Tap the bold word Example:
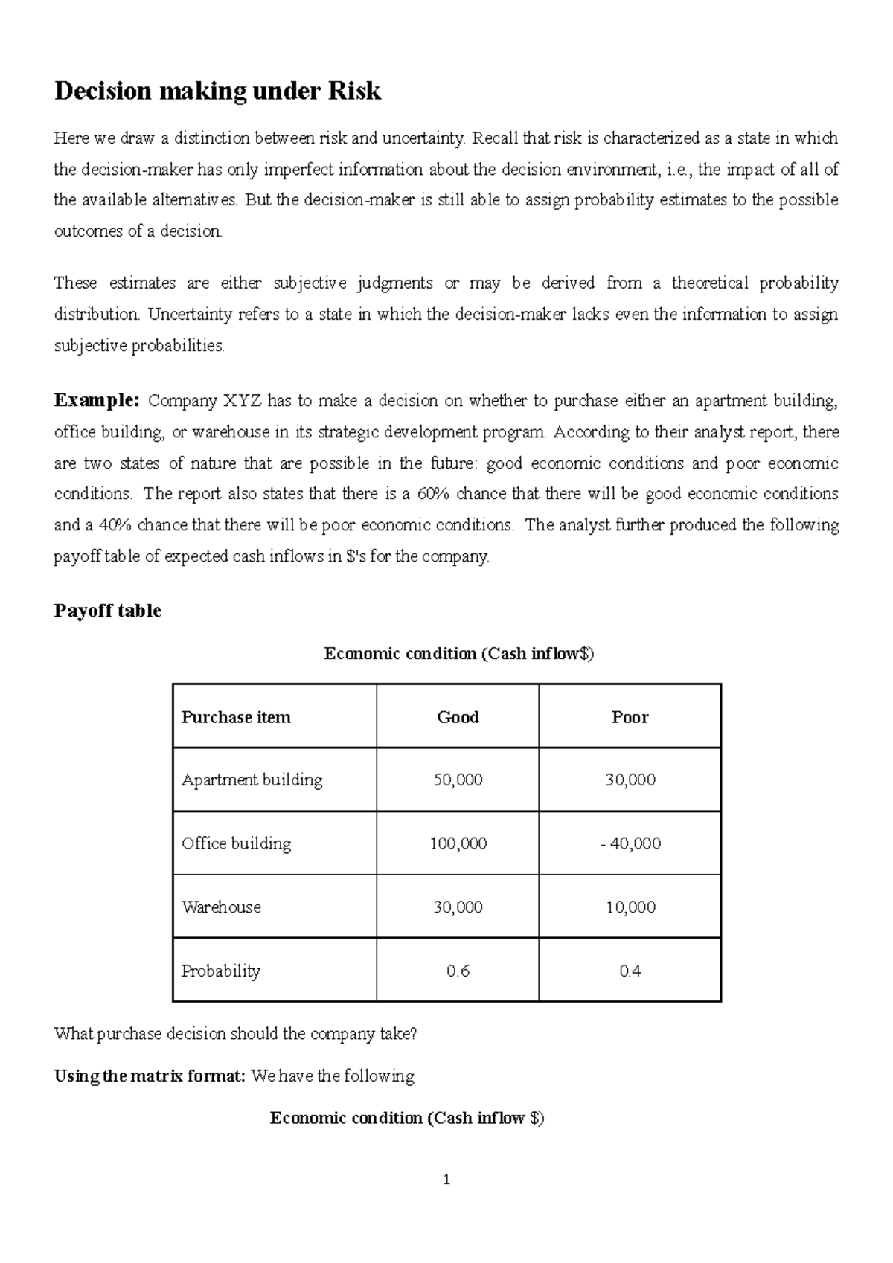97,401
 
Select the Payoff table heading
108,611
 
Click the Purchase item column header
236,717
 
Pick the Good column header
458,717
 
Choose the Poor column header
630,717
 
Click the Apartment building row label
252,780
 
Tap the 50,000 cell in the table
458,780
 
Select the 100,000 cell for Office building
458,843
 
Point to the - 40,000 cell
630,843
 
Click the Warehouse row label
221,907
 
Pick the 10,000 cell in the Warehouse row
630,907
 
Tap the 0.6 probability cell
458,971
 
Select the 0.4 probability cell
630,971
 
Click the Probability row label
220,971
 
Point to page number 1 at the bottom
446,1180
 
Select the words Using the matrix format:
150,1076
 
